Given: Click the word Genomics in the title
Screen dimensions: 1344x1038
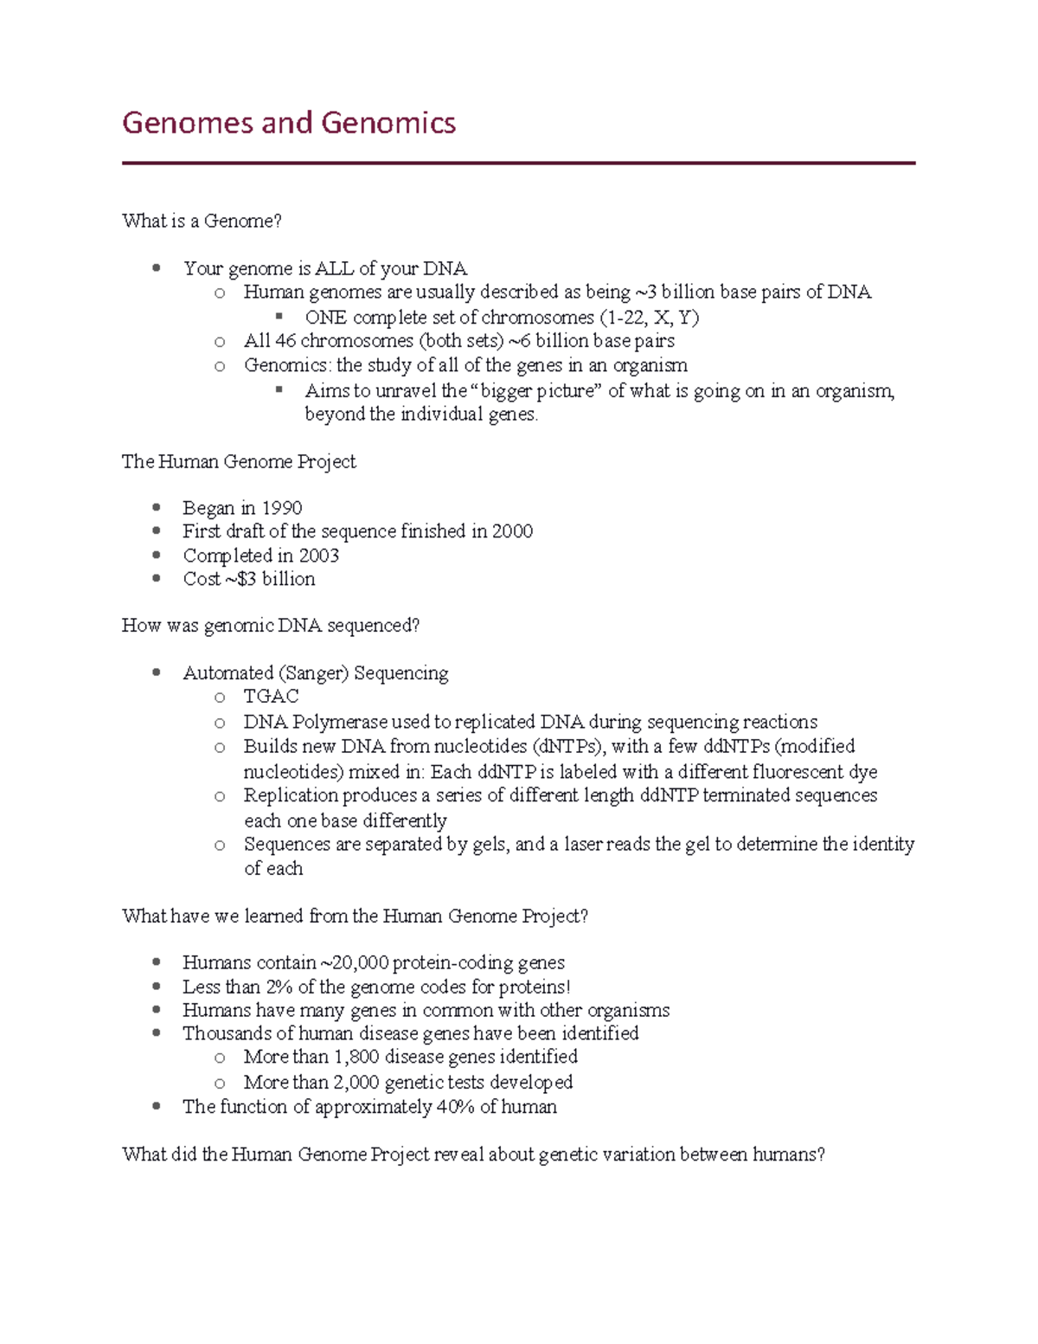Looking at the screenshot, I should [388, 123].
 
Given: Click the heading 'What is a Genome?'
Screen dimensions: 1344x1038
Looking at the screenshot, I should [202, 221].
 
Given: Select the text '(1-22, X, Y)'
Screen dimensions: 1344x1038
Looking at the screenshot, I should [650, 317].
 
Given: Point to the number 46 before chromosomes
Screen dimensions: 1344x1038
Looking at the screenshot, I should [285, 340].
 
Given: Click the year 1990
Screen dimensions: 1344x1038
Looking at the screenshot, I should [282, 508].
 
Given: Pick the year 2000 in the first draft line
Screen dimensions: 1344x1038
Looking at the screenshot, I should [512, 531].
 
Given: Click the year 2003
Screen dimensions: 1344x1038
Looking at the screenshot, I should [318, 556].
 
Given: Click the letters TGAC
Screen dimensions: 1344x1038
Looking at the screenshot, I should [271, 697].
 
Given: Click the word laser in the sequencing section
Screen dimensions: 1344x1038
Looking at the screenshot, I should [583, 844].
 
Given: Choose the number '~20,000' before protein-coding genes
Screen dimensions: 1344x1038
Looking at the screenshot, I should [354, 962].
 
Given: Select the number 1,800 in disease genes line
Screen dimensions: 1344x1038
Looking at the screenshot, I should [356, 1057].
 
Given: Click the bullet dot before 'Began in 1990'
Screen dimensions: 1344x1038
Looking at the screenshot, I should [157, 507].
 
